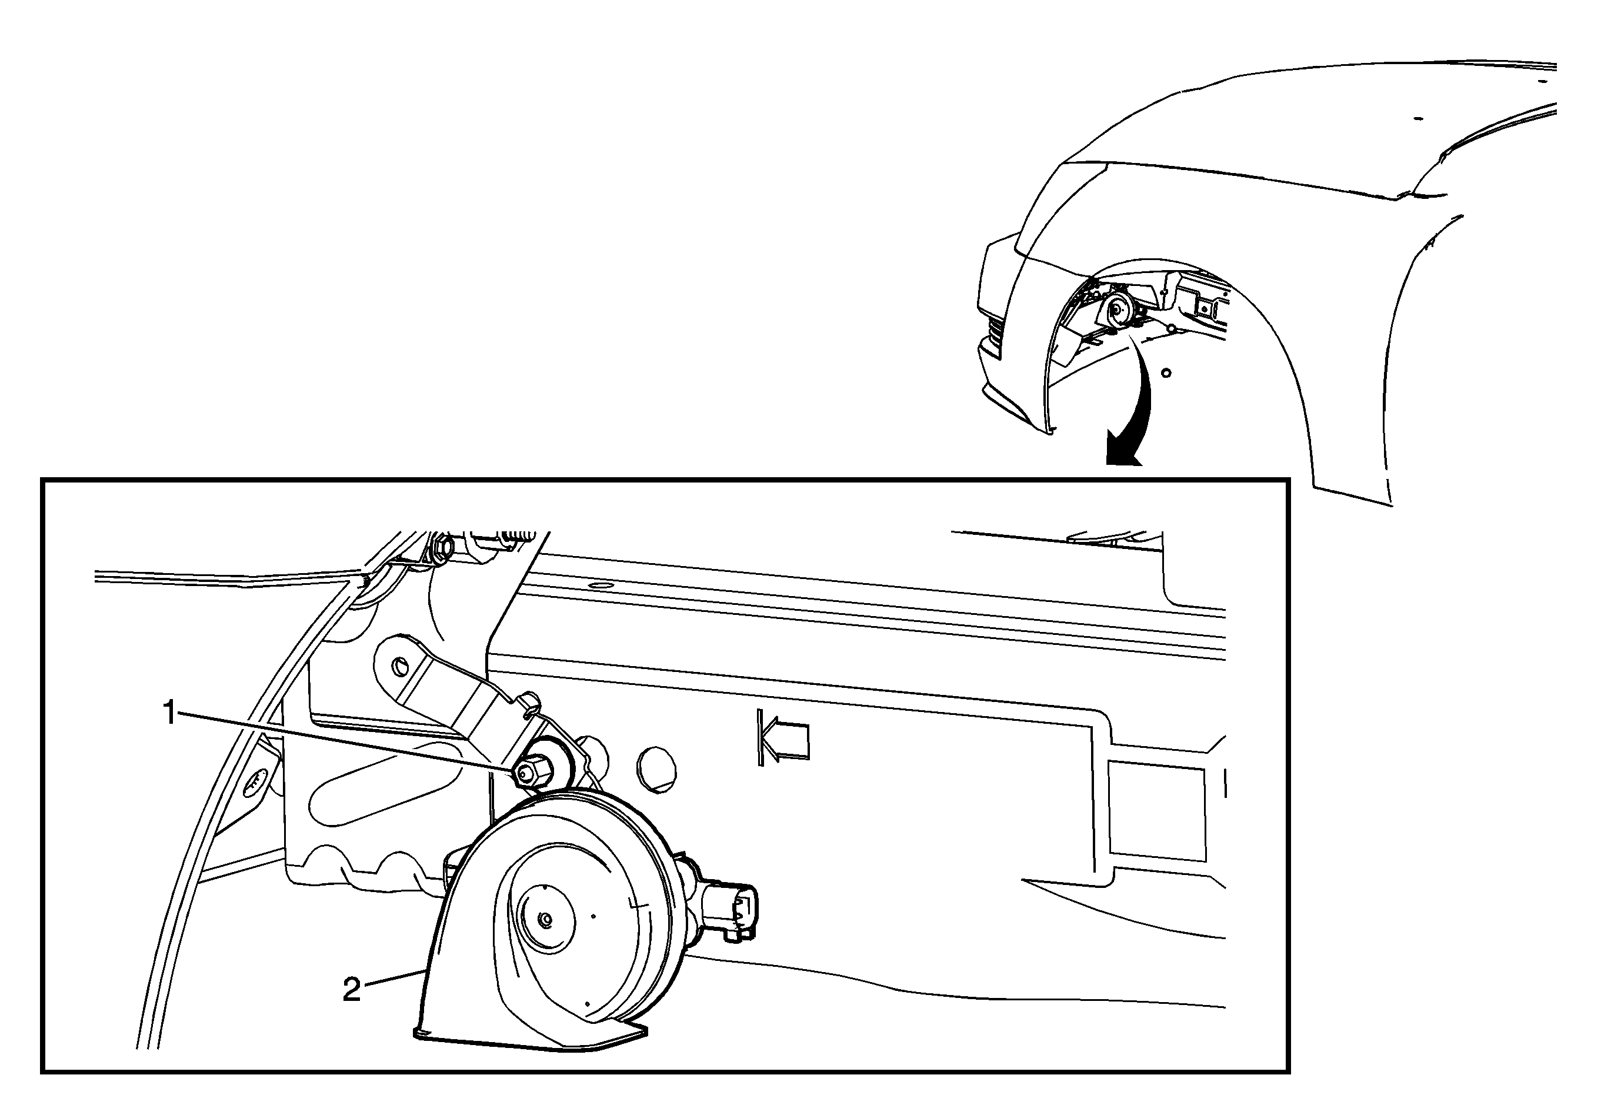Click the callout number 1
(169, 713)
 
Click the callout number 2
(352, 990)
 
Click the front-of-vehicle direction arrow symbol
(783, 738)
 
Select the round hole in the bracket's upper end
(401, 666)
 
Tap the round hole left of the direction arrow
(656, 770)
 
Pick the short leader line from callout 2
(395, 978)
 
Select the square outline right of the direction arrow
(1158, 811)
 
